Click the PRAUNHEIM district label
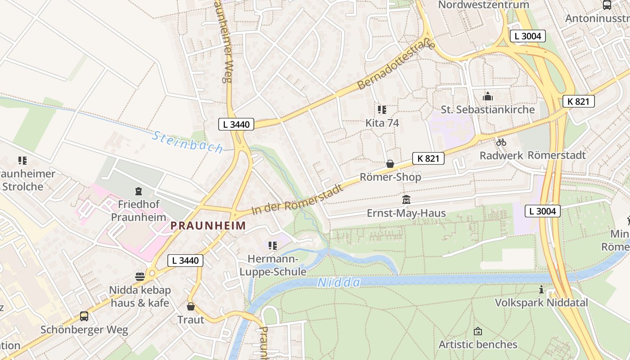208,225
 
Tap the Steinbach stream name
187,142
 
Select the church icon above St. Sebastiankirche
488,96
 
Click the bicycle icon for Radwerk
501,142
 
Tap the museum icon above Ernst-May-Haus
406,199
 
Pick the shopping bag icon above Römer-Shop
390,164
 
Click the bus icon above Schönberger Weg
84,316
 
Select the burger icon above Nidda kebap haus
140,276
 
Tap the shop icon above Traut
191,306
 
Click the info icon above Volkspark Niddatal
541,289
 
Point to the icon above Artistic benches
478,331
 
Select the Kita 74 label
382,123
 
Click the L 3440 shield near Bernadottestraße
236,125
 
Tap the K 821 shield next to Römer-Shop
428,158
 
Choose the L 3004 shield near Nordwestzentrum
527,36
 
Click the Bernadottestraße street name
396,65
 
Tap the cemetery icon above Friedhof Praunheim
138,191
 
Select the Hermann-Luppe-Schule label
273,265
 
